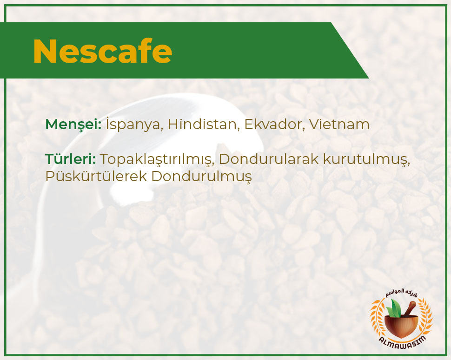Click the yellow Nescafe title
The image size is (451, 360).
click(x=103, y=51)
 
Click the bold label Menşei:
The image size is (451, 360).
click(x=73, y=124)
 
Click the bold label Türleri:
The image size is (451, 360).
click(x=71, y=159)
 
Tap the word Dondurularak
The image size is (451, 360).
click(x=269, y=159)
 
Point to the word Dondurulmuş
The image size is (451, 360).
click(x=202, y=177)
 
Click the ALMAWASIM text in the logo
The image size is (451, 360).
click(x=402, y=341)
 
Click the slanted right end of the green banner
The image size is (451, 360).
click(x=350, y=51)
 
